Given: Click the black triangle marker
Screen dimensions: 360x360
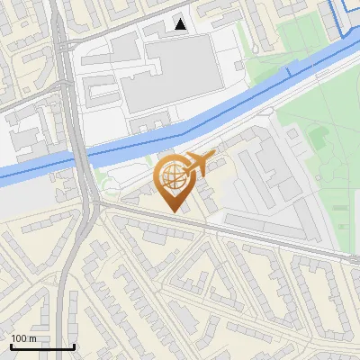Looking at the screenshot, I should [x=181, y=24].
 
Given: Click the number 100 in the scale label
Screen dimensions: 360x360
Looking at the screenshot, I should [x=18, y=338].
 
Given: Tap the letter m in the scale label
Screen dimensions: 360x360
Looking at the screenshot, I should [x=31, y=338].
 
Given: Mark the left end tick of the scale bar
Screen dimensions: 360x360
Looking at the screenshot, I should [x=11, y=346].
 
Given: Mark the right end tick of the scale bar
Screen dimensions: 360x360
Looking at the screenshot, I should [x=74, y=346].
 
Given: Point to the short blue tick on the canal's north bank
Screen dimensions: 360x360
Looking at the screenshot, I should [x=288, y=71].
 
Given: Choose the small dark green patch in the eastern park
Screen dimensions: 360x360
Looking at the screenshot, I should [x=319, y=137].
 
